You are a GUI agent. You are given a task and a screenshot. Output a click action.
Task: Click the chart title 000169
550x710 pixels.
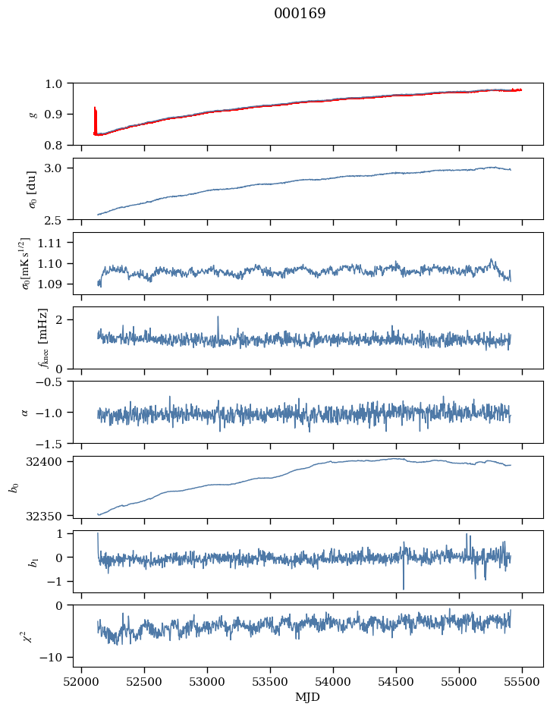click(x=300, y=14)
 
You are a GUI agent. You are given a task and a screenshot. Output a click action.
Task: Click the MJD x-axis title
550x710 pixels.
click(x=307, y=696)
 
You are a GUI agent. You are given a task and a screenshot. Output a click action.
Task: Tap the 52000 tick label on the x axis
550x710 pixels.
click(x=81, y=682)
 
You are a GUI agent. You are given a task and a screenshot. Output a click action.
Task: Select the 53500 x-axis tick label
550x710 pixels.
click(x=270, y=682)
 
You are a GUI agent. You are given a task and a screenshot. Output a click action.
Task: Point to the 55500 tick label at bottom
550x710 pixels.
click(x=522, y=682)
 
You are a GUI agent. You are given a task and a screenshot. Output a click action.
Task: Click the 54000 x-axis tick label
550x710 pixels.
click(x=333, y=682)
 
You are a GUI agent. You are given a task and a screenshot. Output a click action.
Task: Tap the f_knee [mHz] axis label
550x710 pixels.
click(x=43, y=338)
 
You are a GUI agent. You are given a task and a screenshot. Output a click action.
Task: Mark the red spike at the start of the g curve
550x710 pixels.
click(x=95, y=120)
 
